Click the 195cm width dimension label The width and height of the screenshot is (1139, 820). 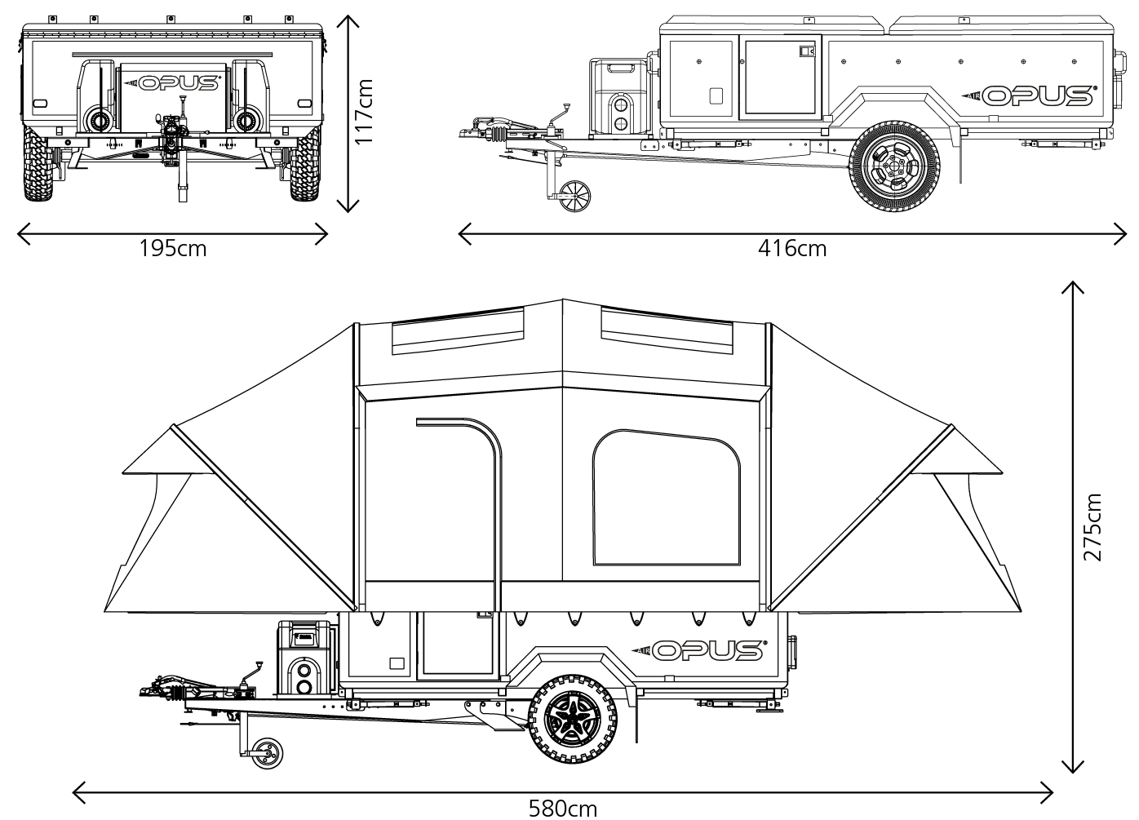click(172, 248)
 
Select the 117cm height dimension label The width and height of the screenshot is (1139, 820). click(363, 112)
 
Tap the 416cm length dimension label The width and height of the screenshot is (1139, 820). click(791, 248)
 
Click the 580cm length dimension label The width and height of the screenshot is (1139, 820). click(562, 808)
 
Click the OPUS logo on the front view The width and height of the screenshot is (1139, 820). click(176, 82)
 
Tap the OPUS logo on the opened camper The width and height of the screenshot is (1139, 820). click(698, 650)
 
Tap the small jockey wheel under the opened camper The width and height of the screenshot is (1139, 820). click(267, 752)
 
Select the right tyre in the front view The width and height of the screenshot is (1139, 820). click(306, 167)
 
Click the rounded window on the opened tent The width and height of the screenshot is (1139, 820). click(666, 499)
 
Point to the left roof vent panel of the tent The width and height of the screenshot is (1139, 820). click(457, 330)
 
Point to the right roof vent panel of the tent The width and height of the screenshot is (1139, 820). click(667, 330)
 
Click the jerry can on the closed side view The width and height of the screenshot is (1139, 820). click(620, 96)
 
